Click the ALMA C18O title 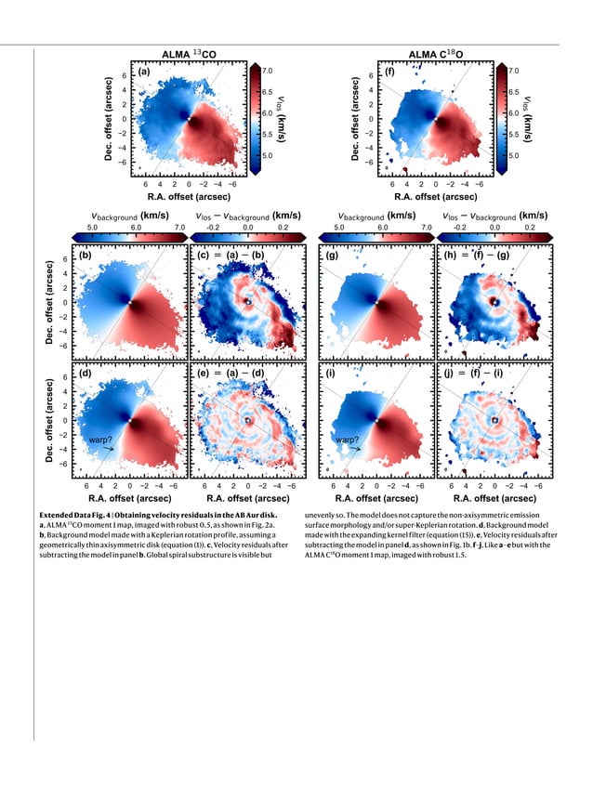coord(439,55)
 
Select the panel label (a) coord(144,72)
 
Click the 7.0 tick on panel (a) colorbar coord(267,71)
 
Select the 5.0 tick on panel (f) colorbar coord(513,157)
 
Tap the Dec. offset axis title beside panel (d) coord(53,421)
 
